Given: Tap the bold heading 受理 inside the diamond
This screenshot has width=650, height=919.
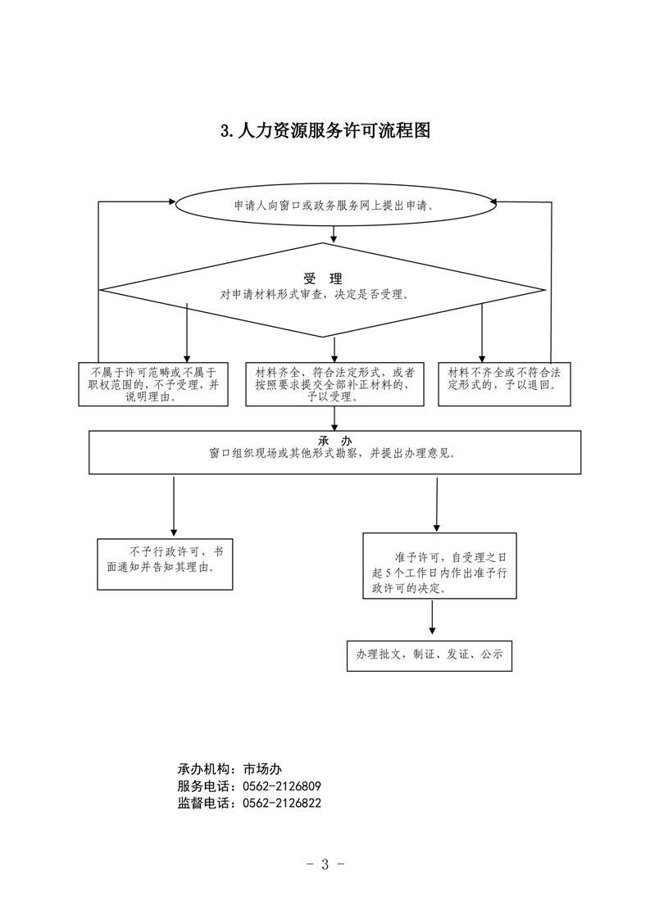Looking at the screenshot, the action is (323, 279).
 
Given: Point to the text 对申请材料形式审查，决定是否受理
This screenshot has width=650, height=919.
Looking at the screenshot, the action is (315, 295).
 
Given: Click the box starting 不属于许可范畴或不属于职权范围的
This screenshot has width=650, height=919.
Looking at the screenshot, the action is (153, 384).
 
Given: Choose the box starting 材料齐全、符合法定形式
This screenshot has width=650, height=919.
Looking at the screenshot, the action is (334, 384).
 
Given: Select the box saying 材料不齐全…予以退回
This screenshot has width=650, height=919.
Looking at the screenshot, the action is (505, 384).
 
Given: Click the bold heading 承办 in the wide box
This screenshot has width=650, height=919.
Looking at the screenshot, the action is (335, 441).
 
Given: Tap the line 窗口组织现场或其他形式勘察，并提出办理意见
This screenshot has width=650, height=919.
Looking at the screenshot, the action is (333, 453).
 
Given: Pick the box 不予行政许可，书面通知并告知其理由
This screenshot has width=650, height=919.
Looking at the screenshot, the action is (165, 564).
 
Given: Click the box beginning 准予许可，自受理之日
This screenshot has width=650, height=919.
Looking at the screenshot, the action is (439, 566).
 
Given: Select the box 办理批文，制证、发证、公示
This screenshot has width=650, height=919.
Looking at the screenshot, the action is (430, 655).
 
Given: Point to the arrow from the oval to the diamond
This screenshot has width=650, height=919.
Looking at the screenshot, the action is (334, 234).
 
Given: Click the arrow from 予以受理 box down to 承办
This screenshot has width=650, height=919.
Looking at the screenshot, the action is (334, 419).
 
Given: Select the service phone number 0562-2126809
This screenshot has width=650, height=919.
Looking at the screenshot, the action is (282, 786).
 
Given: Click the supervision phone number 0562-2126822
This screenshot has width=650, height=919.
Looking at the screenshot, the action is (282, 804).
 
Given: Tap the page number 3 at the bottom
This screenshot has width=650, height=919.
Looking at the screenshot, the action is (325, 864).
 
